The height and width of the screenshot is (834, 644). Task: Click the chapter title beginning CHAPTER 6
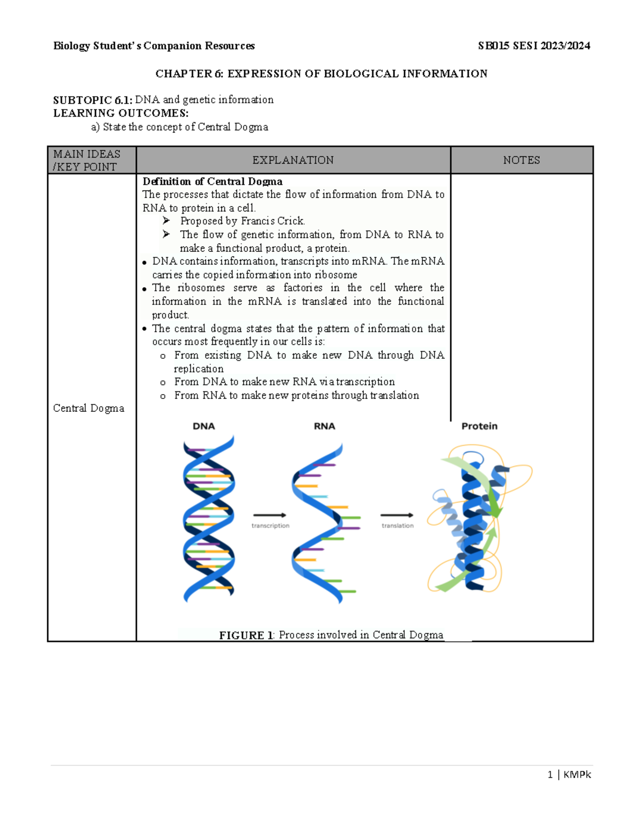tap(321, 74)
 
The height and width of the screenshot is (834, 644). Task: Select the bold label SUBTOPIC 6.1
tap(93, 100)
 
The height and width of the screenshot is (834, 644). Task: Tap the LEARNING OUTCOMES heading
tap(121, 113)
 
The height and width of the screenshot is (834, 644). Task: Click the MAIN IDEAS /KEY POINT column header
tap(86, 161)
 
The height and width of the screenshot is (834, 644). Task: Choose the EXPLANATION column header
tap(293, 161)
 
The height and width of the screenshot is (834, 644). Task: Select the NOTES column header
tap(521, 161)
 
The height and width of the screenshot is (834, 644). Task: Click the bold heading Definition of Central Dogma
tap(213, 182)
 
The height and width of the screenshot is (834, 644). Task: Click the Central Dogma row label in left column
tap(89, 409)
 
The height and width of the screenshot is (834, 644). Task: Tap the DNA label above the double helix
tap(204, 426)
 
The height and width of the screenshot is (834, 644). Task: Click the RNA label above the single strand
tap(324, 426)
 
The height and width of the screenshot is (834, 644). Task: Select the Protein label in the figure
tap(479, 426)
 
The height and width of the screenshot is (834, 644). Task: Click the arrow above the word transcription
tap(269, 515)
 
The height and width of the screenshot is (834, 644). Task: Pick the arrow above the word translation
tap(397, 515)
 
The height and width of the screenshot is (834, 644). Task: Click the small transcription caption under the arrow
tap(270, 526)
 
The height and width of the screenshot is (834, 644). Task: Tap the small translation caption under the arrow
tap(398, 526)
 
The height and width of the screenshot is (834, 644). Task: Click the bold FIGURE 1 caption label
tap(246, 635)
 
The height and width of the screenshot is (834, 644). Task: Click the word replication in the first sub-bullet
tap(199, 369)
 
